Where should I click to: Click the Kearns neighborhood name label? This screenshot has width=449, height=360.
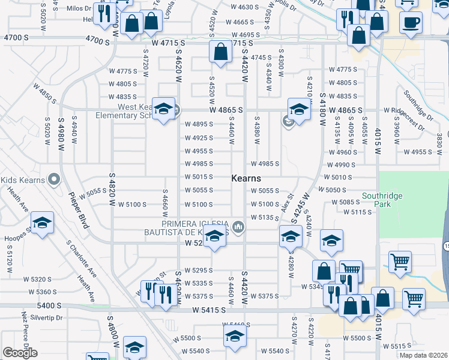pyautogui.click(x=246, y=178)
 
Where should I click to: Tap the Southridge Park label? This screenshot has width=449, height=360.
pyautogui.click(x=382, y=200)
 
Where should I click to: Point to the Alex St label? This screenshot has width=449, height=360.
pyautogui.click(x=286, y=206)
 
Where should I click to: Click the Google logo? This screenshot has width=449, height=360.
pyautogui.click(x=20, y=353)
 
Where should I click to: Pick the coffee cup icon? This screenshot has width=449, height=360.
pyautogui.click(x=411, y=23)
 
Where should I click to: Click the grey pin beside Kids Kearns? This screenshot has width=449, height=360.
pyautogui.click(x=54, y=179)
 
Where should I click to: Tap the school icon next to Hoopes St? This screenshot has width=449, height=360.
pyautogui.click(x=42, y=224)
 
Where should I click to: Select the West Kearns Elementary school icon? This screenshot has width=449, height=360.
pyautogui.click(x=163, y=109)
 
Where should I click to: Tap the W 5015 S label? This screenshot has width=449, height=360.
pyautogui.click(x=199, y=177)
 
